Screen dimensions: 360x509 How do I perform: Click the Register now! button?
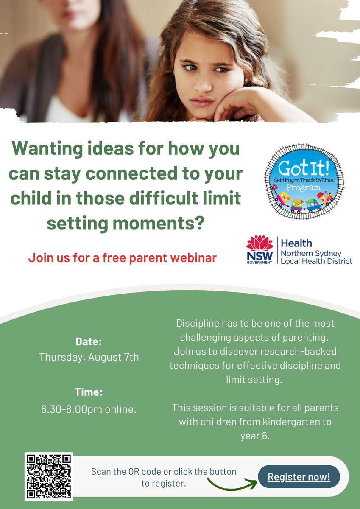coord(299,476)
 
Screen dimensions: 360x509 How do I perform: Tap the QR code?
coord(49,476)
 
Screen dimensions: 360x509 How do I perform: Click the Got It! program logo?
coord(304,182)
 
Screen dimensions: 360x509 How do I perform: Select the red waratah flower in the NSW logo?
coord(260,243)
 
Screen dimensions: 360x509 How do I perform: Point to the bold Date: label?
coord(89,341)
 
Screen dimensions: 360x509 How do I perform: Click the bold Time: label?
coord(89,392)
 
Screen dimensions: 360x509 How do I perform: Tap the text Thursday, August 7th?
coord(89,357)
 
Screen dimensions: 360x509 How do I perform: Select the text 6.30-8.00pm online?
coord(89,409)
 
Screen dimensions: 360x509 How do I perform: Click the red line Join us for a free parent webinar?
coord(123,258)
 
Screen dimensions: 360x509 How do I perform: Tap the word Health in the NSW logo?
coord(296,243)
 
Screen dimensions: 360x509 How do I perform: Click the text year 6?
coord(255,436)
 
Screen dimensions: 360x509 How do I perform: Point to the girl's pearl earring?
coord(246,80)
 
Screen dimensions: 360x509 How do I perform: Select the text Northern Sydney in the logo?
coord(311,254)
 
